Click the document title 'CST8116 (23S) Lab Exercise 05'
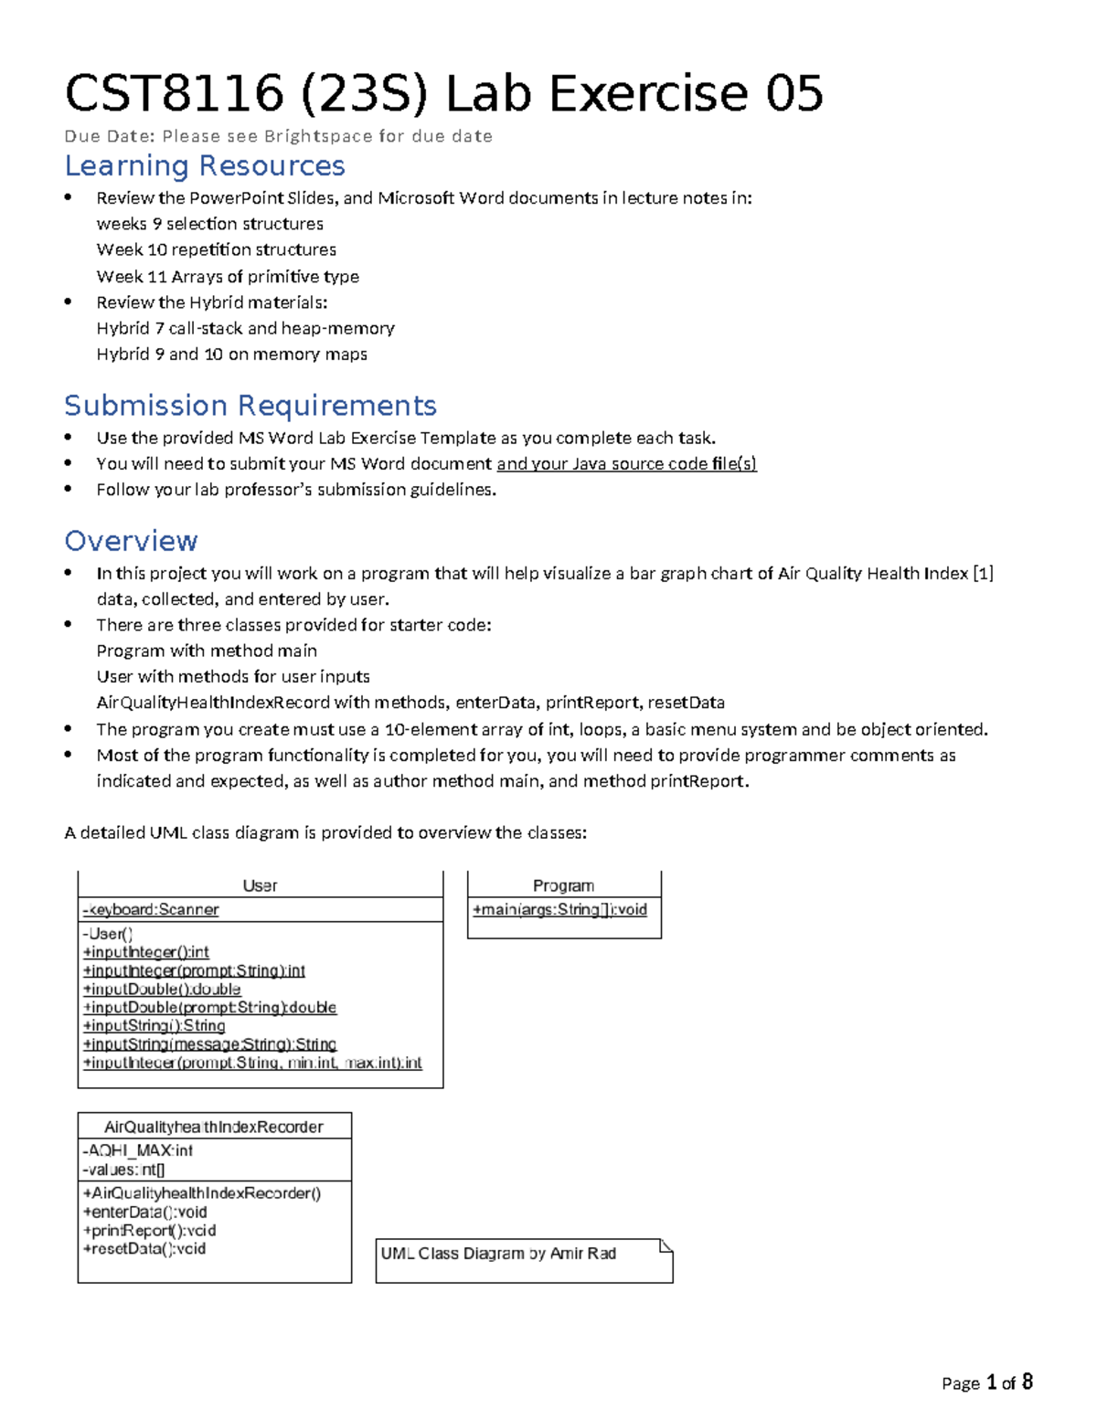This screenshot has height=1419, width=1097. [x=443, y=93]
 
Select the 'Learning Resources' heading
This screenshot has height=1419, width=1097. [x=204, y=165]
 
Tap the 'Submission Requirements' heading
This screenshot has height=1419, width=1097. [x=250, y=405]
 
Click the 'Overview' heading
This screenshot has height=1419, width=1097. [x=131, y=541]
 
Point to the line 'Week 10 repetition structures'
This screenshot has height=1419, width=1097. [x=216, y=249]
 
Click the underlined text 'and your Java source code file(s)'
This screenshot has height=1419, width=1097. [x=626, y=463]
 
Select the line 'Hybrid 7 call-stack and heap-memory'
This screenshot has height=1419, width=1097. [x=245, y=328]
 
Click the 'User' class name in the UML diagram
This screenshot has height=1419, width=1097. [x=260, y=885]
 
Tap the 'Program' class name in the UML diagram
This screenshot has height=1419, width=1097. [x=563, y=885]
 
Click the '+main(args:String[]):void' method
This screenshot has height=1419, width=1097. [x=559, y=909]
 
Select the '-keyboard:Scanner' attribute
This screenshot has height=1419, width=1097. [x=151, y=909]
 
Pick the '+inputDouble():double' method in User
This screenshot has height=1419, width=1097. [x=162, y=989]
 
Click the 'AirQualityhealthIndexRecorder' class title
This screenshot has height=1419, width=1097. [x=214, y=1127]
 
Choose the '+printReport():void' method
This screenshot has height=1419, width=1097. [x=149, y=1230]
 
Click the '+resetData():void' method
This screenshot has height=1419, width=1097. [x=144, y=1248]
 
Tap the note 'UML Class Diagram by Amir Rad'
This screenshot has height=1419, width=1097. [x=498, y=1254]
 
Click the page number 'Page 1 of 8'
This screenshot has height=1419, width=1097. [x=986, y=1382]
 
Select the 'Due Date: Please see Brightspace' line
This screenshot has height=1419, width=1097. [x=278, y=136]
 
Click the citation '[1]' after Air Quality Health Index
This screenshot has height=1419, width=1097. [x=983, y=573]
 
